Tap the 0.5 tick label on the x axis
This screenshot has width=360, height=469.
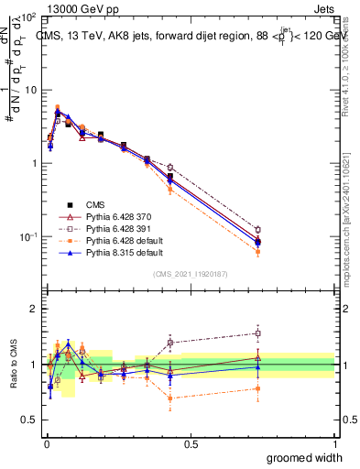191,443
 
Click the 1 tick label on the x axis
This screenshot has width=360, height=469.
334,443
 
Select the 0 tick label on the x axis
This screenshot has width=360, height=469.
47,443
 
